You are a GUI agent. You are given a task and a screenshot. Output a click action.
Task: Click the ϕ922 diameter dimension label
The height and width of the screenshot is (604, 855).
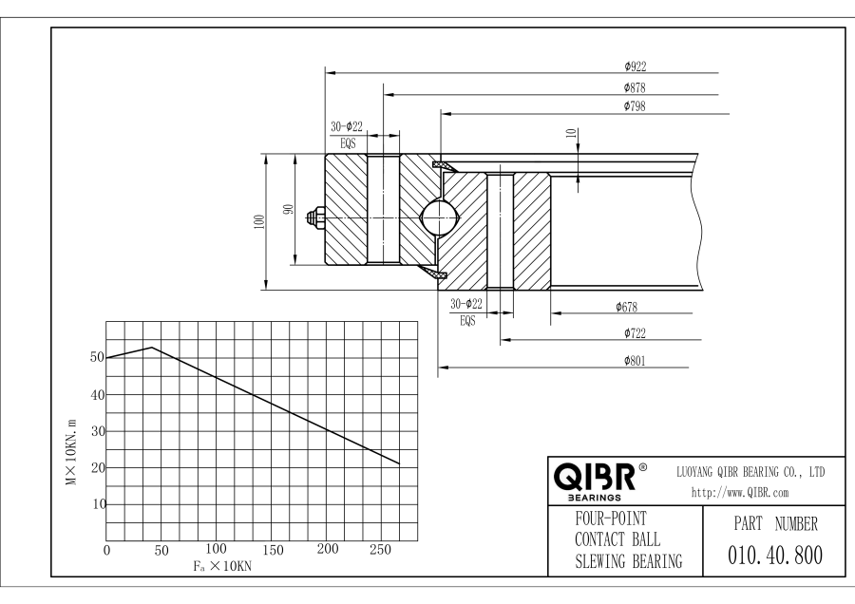pyautogui.click(x=636, y=66)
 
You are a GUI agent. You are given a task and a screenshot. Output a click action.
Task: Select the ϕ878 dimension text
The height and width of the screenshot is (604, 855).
pyautogui.click(x=635, y=87)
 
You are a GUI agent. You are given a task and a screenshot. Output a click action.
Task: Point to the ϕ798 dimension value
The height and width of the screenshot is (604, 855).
pyautogui.click(x=635, y=105)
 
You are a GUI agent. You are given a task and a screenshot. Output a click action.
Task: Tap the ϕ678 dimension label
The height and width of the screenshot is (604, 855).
pyautogui.click(x=627, y=307)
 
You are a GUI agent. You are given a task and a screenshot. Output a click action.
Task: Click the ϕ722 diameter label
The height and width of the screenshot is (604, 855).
pyautogui.click(x=635, y=333)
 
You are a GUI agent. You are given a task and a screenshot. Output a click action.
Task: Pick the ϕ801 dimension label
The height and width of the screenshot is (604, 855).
pyautogui.click(x=635, y=360)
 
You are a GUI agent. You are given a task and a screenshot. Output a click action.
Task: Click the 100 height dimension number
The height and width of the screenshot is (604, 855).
pyautogui.click(x=259, y=222)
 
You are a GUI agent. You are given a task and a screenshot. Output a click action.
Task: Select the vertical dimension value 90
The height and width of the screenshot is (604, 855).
pyautogui.click(x=289, y=209)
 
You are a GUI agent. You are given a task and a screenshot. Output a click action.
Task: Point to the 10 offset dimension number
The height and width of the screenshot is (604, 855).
pyautogui.click(x=572, y=133)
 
